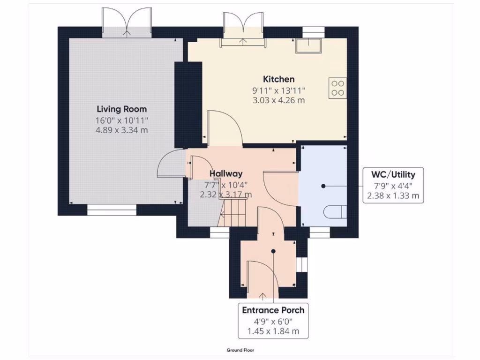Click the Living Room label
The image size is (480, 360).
tap(121, 109)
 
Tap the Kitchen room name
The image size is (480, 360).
tap(278, 79)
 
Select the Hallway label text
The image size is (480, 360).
tap(226, 173)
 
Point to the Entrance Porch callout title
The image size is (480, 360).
tap(273, 310)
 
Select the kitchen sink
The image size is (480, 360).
tap(307, 45)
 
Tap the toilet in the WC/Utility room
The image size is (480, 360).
tap(334, 211)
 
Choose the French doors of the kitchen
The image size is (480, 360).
tap(243, 28)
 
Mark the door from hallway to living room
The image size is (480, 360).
tap(170, 164)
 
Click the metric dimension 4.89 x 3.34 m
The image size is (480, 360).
tap(121, 130)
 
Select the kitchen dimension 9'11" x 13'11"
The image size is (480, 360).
tap(278, 90)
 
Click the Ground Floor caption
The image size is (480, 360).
tap(240, 350)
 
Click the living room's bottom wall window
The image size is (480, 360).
tap(112, 212)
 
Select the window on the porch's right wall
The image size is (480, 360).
tap(302, 264)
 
